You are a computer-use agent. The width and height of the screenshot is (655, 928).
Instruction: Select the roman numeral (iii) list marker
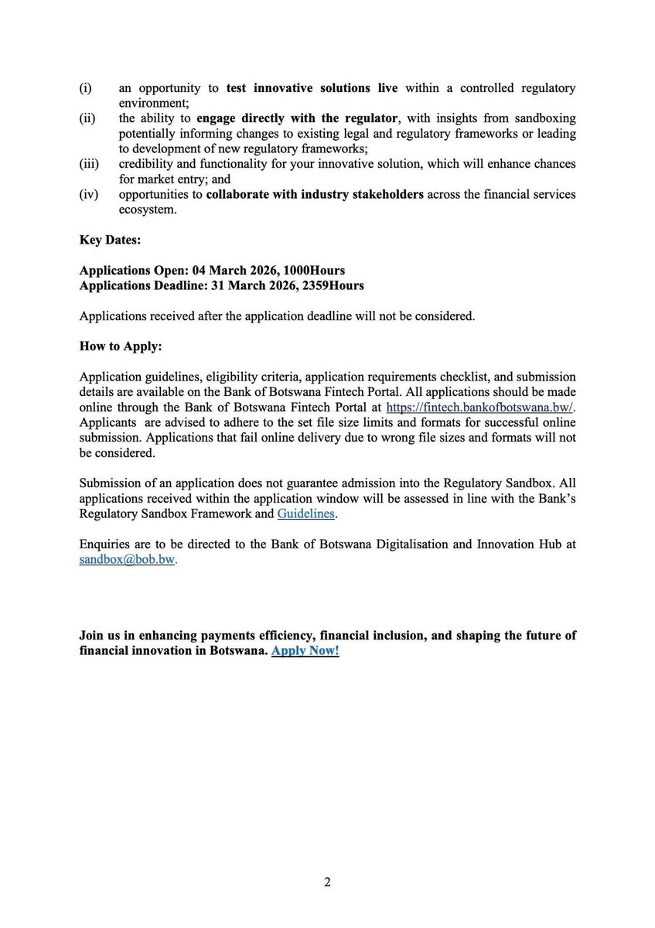tap(90, 165)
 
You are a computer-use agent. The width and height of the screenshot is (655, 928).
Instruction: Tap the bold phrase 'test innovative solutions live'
tap(312, 88)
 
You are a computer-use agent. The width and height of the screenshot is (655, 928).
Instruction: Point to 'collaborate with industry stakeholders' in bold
tap(315, 194)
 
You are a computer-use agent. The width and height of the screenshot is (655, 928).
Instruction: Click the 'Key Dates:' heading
tap(110, 240)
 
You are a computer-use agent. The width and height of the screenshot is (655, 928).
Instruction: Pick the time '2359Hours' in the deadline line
tap(333, 285)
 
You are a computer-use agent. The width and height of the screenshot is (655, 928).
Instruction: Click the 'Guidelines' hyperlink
tap(307, 513)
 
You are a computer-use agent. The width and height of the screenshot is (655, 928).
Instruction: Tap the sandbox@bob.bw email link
tap(128, 559)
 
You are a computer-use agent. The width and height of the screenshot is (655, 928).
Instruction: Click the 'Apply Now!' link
tap(305, 650)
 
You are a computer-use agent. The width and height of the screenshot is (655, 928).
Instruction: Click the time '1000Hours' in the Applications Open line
tap(316, 271)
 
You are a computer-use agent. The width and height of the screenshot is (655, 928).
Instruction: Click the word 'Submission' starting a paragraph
tap(110, 483)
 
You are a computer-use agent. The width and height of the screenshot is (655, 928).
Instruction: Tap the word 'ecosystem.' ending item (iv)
tap(148, 210)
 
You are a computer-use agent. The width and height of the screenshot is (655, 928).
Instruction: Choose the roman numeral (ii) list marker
tap(87, 119)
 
